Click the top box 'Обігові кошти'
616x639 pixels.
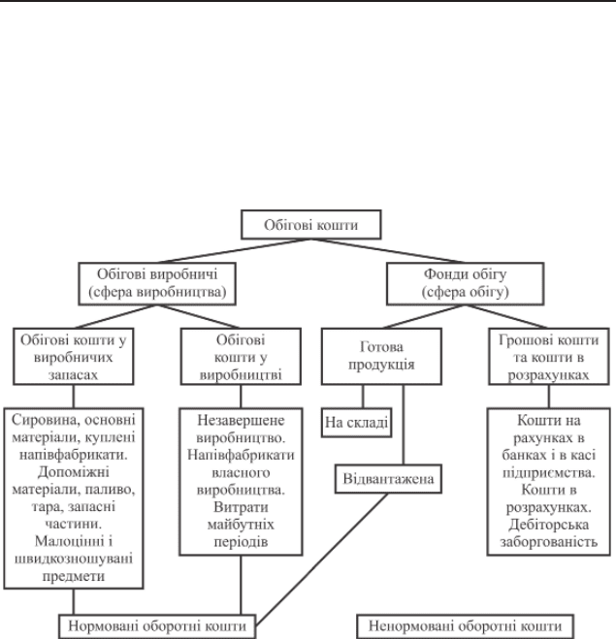[311, 225]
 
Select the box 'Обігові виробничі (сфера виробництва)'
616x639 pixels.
[157, 284]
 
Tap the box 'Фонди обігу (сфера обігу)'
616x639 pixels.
[466, 284]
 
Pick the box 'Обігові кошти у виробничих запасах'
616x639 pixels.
[74, 357]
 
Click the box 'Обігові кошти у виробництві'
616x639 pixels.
[241, 357]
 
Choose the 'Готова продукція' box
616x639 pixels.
[381, 357]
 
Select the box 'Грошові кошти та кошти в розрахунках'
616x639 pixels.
[549, 357]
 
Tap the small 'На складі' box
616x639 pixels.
[357, 423]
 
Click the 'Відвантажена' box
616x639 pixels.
[388, 479]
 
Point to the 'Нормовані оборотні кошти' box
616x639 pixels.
[157, 626]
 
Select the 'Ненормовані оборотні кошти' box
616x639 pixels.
[466, 626]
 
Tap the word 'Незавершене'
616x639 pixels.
[241, 420]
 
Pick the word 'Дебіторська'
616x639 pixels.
[549, 525]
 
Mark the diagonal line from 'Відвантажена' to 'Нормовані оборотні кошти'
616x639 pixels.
[322, 559]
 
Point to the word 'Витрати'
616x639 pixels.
[241, 507]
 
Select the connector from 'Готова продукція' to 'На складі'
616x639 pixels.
[363, 397]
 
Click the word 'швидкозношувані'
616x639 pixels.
[74, 559]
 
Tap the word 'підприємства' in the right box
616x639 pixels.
[549, 473]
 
